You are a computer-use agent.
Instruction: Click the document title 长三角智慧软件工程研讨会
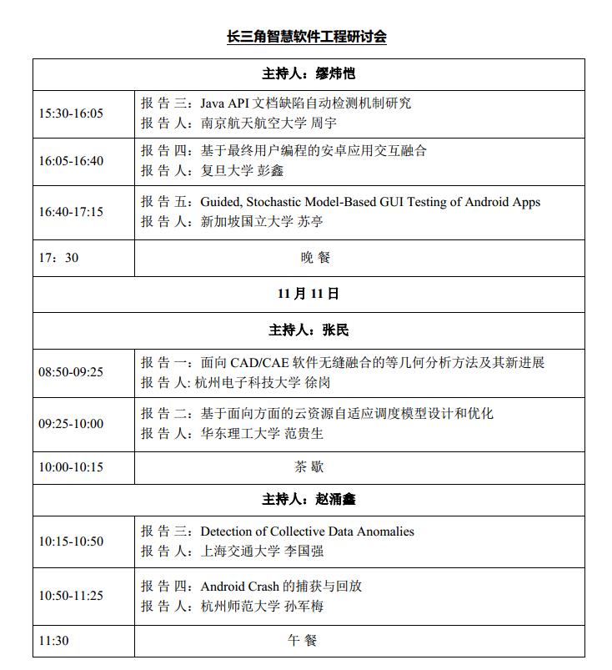point(307,37)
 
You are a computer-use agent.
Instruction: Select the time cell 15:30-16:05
point(71,113)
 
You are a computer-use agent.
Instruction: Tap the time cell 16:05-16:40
point(71,160)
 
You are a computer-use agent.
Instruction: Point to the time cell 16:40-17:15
point(71,212)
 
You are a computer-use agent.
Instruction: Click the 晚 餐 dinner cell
point(315,258)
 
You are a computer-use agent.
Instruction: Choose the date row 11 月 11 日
point(308,294)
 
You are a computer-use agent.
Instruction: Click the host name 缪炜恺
point(335,73)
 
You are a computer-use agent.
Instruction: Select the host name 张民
point(335,330)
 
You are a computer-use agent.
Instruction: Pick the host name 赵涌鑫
point(335,499)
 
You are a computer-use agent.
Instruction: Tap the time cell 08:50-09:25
point(71,372)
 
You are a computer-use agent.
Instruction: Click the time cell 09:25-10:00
point(71,424)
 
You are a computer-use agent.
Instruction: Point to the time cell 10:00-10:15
point(71,467)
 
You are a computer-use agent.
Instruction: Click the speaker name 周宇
point(324,123)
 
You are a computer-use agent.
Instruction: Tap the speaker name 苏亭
point(310,222)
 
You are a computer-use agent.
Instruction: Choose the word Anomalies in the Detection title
point(385,531)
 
